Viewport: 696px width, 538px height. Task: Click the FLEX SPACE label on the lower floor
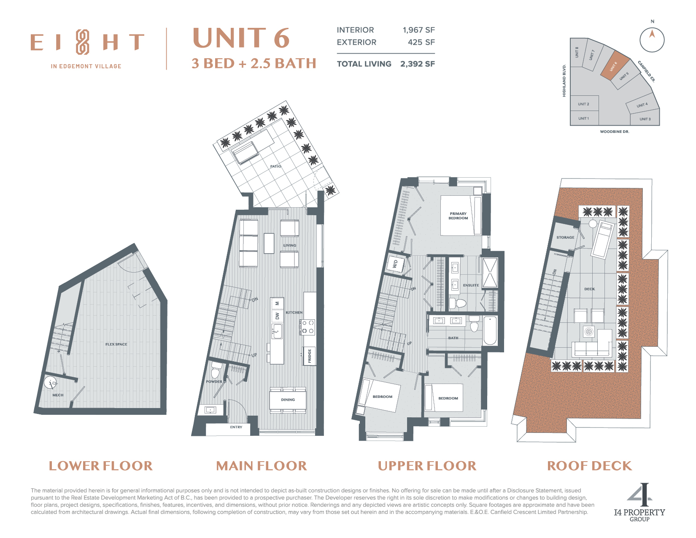(x=116, y=344)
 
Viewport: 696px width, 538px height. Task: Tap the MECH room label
(x=58, y=395)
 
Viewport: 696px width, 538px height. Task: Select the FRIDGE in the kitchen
(x=310, y=356)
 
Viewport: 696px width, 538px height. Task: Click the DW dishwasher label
(x=278, y=316)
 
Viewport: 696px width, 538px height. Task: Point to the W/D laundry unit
(x=395, y=264)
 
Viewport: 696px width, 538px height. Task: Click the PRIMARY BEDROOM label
(x=458, y=216)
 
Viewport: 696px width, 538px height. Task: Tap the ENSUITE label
(x=471, y=285)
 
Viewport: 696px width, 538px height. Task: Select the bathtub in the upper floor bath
(x=490, y=330)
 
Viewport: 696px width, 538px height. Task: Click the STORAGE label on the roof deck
(x=565, y=238)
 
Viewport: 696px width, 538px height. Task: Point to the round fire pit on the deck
(x=589, y=331)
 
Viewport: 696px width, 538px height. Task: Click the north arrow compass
(x=652, y=40)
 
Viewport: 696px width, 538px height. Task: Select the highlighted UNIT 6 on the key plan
(x=615, y=65)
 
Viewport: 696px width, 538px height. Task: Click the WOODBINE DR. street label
(x=614, y=131)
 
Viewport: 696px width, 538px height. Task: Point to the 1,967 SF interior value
(x=418, y=30)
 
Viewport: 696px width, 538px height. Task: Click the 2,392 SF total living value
(x=417, y=64)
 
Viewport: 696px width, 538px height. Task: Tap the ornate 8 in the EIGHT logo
(x=82, y=42)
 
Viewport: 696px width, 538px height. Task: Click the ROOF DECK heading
(x=589, y=466)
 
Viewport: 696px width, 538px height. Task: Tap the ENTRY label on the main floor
(x=236, y=427)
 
